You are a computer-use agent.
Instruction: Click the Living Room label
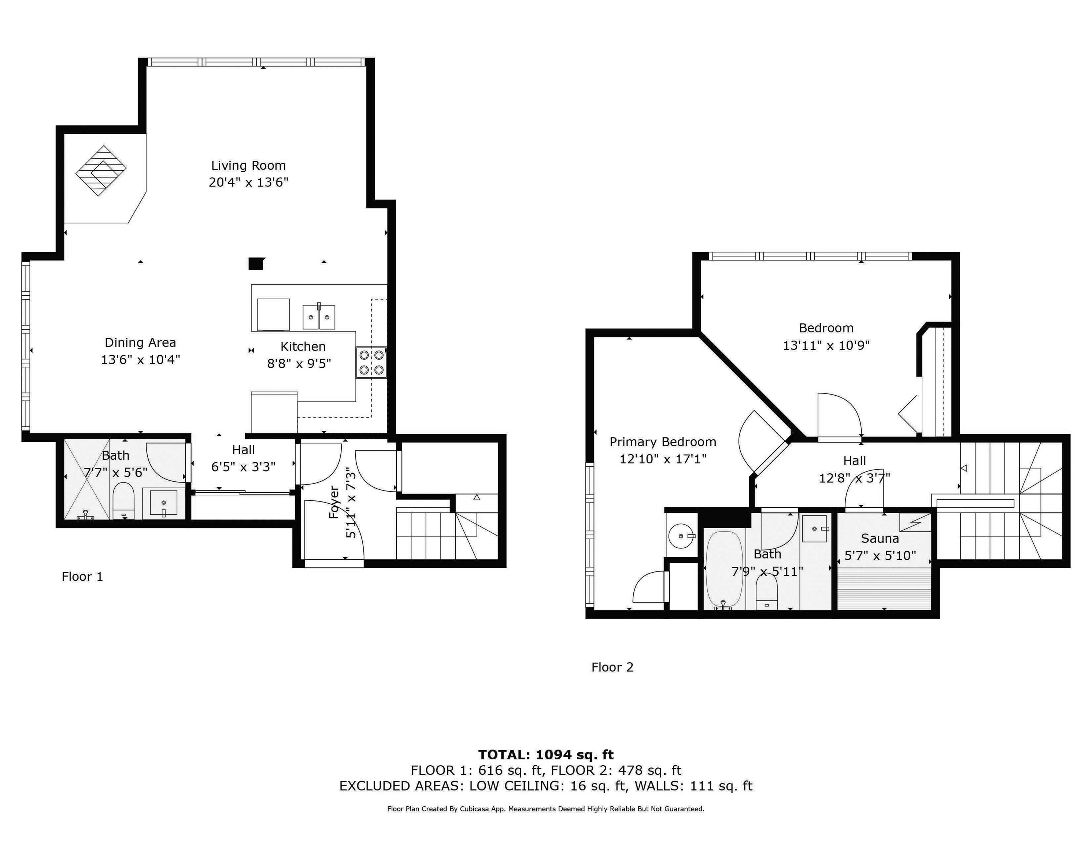pyautogui.click(x=248, y=166)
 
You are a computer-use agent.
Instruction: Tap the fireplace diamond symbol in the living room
pyautogui.click(x=101, y=170)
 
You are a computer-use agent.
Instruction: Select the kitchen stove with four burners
pyautogui.click(x=371, y=363)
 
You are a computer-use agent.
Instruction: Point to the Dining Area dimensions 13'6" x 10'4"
pyautogui.click(x=141, y=359)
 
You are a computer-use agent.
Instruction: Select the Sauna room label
pyautogui.click(x=880, y=538)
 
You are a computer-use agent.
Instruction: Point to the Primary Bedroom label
pyautogui.click(x=663, y=442)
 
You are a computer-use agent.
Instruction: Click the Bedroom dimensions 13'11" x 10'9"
pyautogui.click(x=826, y=345)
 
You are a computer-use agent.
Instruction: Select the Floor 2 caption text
pyautogui.click(x=612, y=667)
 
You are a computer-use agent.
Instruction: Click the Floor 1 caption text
pyautogui.click(x=82, y=577)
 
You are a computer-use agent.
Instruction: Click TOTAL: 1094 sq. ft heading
pyautogui.click(x=545, y=755)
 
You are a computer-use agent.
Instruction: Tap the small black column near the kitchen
pyautogui.click(x=255, y=263)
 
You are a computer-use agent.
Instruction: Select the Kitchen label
pyautogui.click(x=303, y=347)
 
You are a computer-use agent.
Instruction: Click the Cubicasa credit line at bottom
pyautogui.click(x=545, y=808)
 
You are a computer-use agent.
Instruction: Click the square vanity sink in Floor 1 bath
pyautogui.click(x=163, y=503)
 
